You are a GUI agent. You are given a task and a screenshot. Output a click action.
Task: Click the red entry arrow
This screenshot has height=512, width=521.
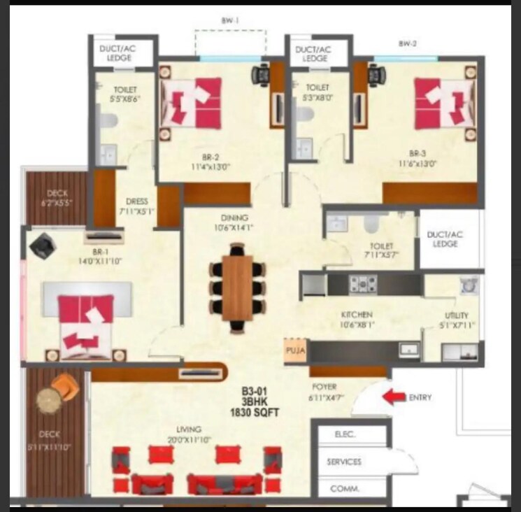(394, 398)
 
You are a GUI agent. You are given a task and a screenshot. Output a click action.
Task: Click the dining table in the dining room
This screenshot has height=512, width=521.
(237, 287)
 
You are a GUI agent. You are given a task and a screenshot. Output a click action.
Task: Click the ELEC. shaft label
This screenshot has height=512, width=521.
(345, 434)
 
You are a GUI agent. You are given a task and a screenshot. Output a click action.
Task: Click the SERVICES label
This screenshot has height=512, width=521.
(344, 462)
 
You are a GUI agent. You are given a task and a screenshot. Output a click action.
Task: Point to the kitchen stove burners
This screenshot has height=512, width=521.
(364, 284)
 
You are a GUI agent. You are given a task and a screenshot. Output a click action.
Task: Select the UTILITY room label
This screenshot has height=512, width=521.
(456, 315)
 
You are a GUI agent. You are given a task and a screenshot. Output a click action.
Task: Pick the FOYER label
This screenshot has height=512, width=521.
(324, 387)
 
